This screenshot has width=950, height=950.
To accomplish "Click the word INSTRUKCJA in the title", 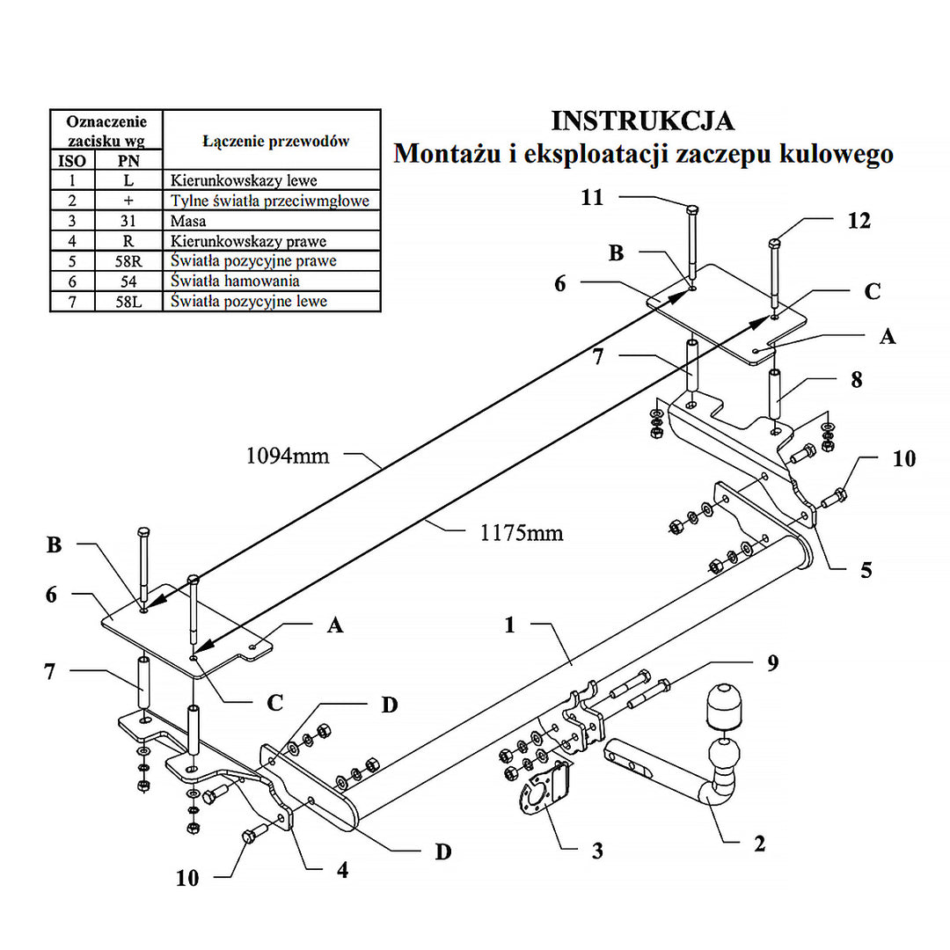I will point(642,121).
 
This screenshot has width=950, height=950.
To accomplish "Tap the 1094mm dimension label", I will point(287,456).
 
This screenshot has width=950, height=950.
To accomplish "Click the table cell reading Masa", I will point(189,221).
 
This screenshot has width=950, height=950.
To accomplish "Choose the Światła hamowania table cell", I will point(236,281).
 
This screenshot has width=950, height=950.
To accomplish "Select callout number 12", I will point(859,221).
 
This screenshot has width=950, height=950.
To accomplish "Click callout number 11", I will point(592,197).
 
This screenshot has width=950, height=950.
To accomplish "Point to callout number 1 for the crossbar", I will point(509,625).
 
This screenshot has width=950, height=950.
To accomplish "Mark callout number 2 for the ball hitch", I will point(758,844).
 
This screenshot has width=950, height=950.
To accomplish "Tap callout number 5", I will point(866,570).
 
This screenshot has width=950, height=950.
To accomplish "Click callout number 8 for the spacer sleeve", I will point(856,380).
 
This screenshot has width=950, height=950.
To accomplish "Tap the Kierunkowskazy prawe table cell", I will point(249,241).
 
